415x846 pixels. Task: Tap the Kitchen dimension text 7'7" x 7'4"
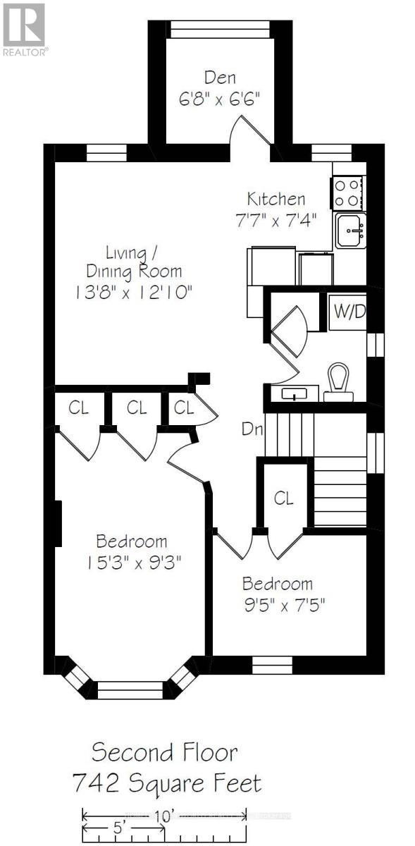(x=276, y=219)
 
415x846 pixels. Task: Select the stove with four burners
(x=347, y=192)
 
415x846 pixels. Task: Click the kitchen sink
(x=350, y=231)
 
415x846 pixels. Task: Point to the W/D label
(x=348, y=312)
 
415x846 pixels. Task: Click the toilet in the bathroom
(x=339, y=382)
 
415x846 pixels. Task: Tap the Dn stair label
(x=250, y=427)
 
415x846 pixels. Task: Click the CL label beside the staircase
(x=283, y=498)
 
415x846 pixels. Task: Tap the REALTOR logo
(x=25, y=29)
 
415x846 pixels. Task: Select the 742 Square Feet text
(x=167, y=783)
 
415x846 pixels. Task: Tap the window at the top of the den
(x=220, y=29)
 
